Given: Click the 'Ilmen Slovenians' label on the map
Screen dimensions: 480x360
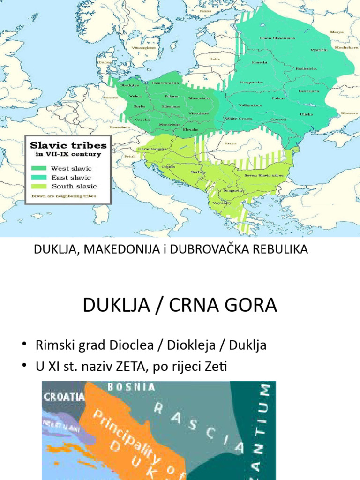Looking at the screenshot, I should click(277, 38).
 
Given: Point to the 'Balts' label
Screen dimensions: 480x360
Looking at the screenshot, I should click(215, 59).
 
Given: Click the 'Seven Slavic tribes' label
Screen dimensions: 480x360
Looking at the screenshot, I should click(263, 175).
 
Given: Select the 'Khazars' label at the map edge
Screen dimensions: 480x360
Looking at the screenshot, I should click(349, 113).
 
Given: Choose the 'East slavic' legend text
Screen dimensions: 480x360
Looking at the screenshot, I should click(71, 177).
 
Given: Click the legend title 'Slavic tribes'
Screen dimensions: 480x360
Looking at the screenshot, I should click(68, 144).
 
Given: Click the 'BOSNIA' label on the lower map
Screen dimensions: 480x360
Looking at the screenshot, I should click(131, 387).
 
